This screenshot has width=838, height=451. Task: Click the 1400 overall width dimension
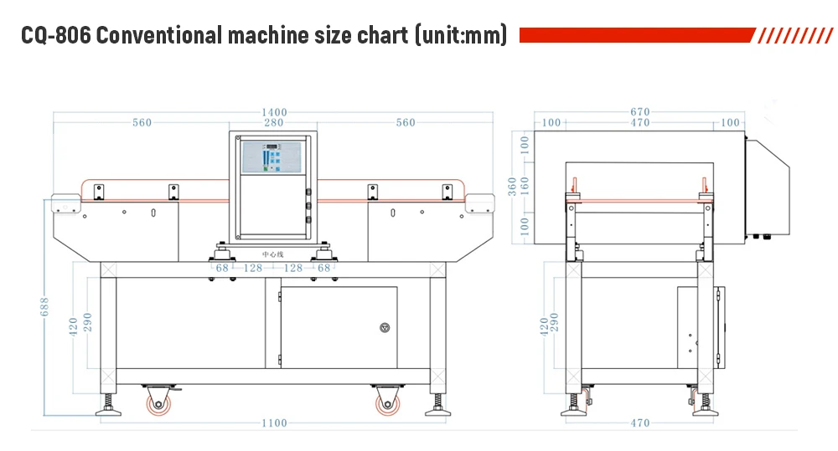[x=273, y=112]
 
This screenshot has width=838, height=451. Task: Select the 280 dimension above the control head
[x=273, y=123]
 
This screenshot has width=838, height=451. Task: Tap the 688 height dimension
[x=45, y=310]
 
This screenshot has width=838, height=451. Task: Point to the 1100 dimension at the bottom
[x=273, y=423]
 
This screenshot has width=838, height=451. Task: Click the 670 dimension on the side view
[x=639, y=112]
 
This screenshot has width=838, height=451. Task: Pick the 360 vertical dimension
[x=513, y=186]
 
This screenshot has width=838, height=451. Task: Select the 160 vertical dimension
[x=525, y=186]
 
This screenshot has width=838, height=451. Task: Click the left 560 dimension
[x=142, y=123]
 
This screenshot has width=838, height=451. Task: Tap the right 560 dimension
[x=406, y=123]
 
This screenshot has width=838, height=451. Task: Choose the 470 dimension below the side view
[x=639, y=423]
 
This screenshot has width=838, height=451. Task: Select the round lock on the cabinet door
[x=385, y=327]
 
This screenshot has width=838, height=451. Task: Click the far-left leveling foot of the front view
[x=109, y=407]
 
